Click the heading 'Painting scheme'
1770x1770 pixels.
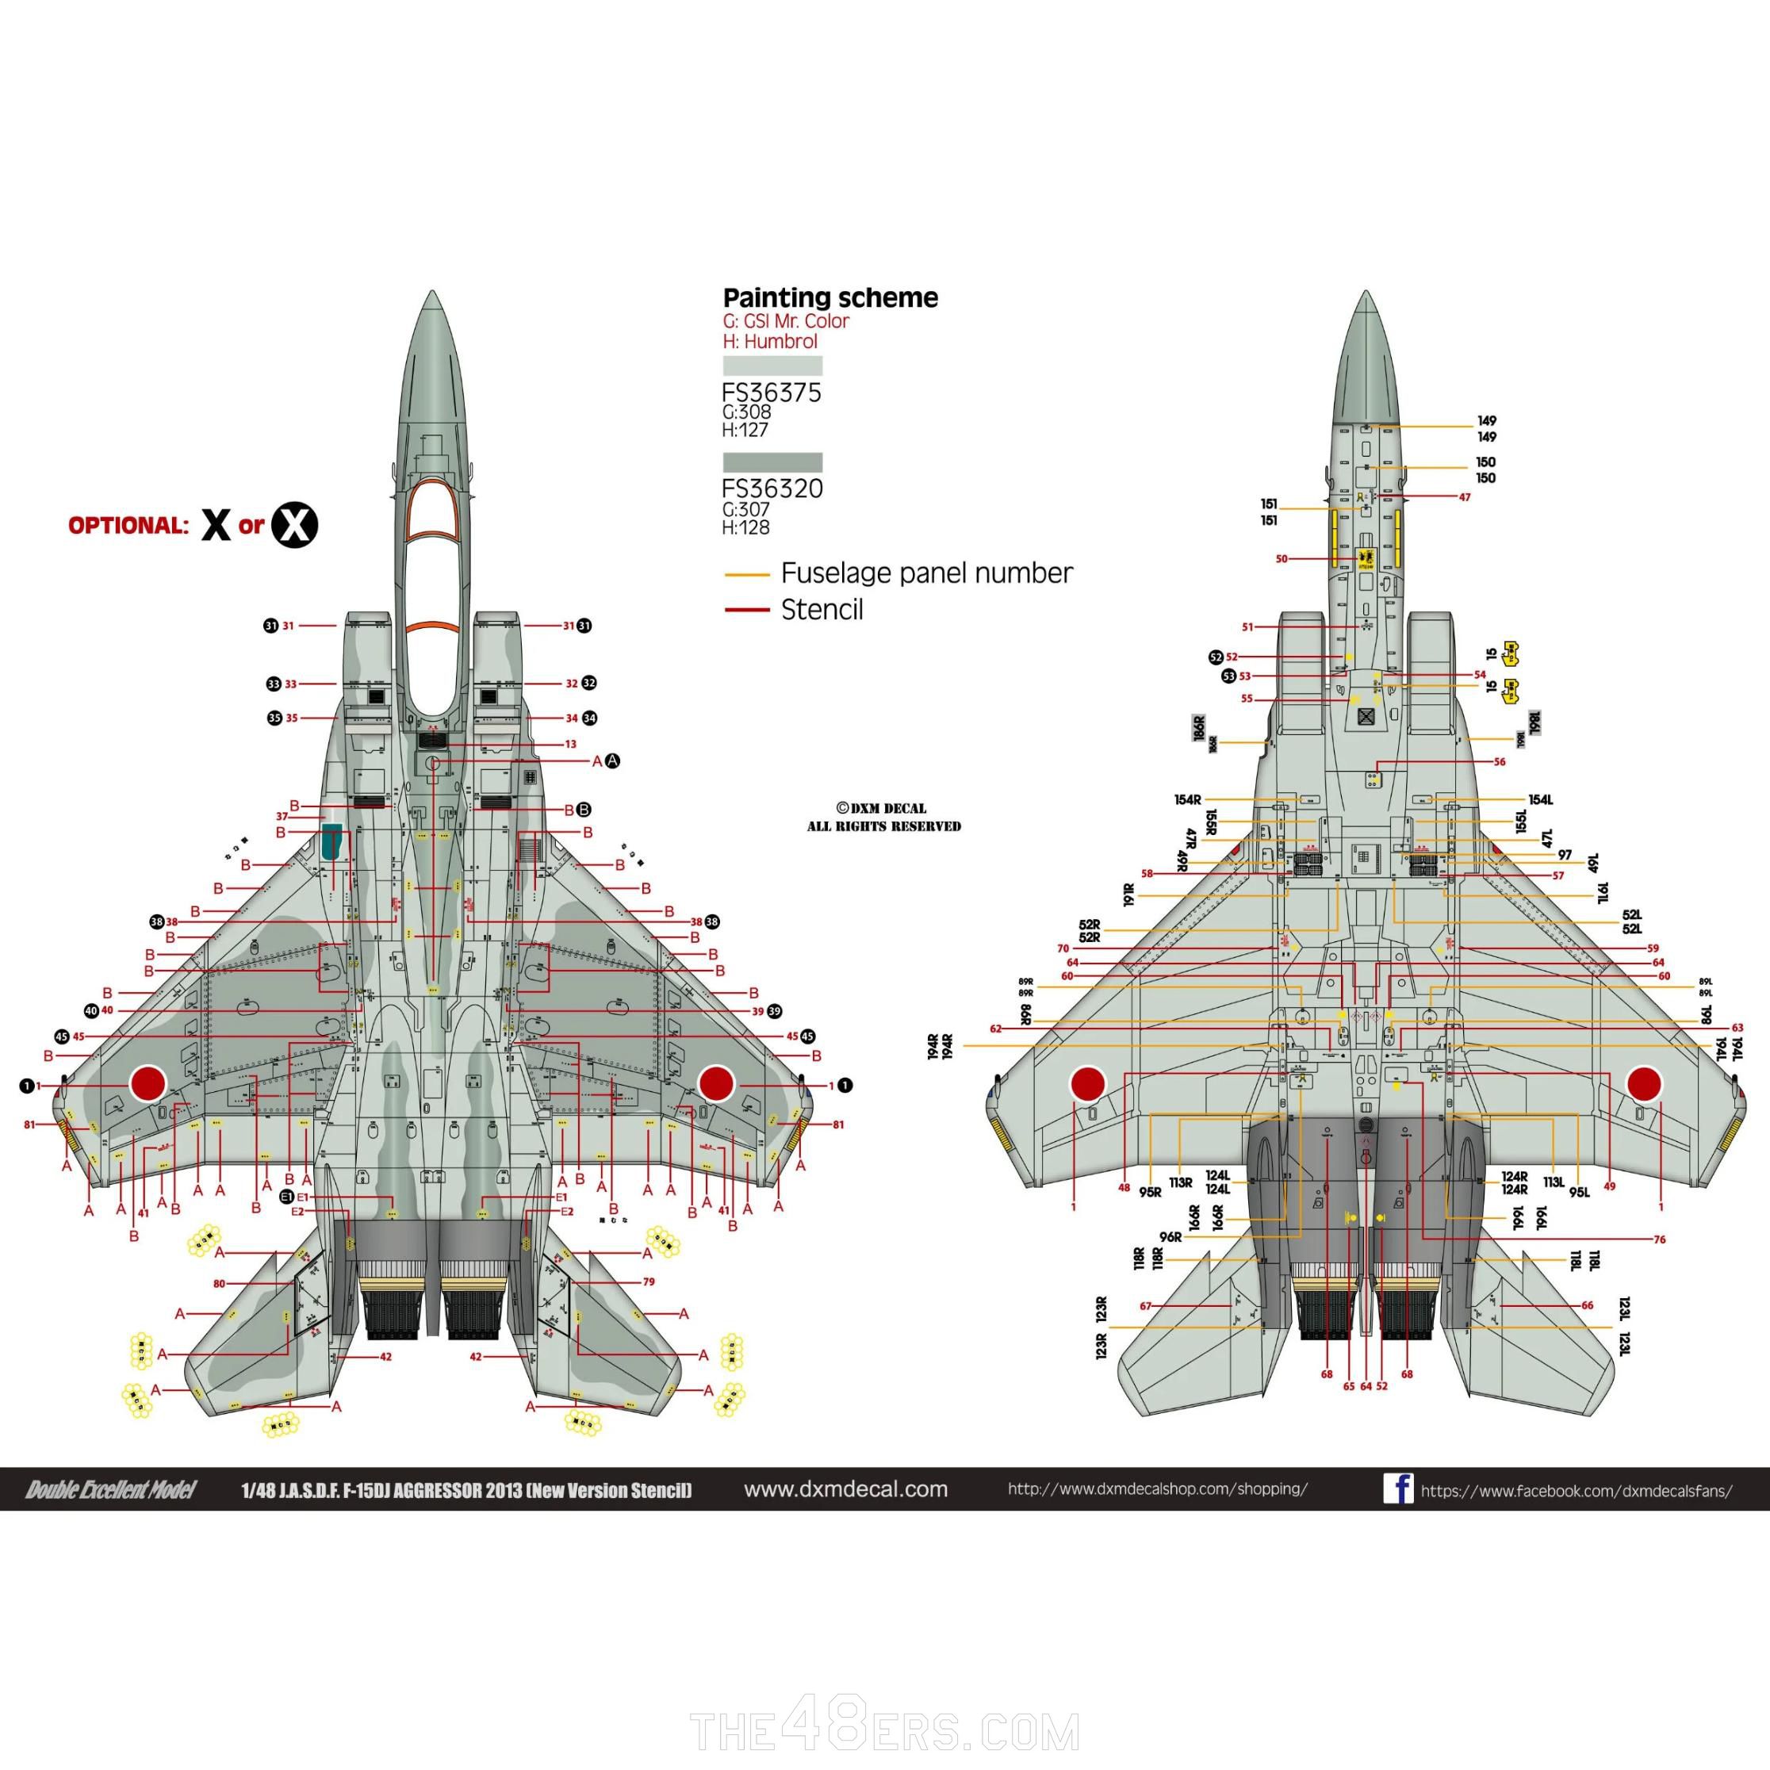[830, 297]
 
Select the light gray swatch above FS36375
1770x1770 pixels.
[772, 366]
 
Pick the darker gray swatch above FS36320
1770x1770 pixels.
[772, 462]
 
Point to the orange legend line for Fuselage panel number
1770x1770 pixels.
[747, 574]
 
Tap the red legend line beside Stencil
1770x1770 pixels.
[747, 609]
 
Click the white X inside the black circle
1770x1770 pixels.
[294, 525]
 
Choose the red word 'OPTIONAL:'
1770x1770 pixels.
[128, 526]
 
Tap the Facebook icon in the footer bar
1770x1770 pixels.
[1398, 1488]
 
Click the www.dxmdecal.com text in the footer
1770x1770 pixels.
[845, 1488]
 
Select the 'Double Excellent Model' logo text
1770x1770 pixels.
[111, 1489]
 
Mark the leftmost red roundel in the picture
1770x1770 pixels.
[147, 1083]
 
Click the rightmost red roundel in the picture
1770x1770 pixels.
[1644, 1084]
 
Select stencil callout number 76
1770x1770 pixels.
[1659, 1239]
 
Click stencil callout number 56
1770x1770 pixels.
[1500, 761]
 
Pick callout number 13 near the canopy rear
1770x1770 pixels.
[570, 744]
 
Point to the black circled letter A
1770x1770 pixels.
[613, 760]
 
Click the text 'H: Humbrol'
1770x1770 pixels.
[769, 342]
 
